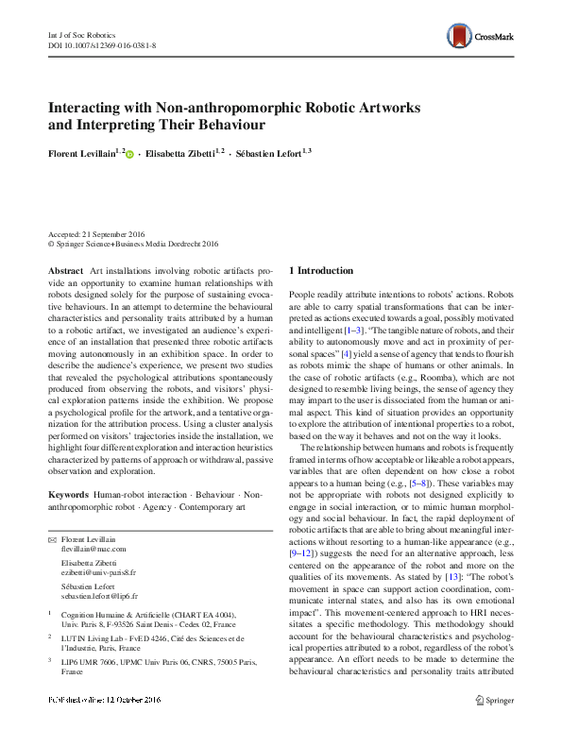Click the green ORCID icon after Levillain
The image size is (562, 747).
pyautogui.click(x=130, y=151)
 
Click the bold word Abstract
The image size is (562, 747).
pyautogui.click(x=67, y=271)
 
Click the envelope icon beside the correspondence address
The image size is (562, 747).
pyautogui.click(x=52, y=538)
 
